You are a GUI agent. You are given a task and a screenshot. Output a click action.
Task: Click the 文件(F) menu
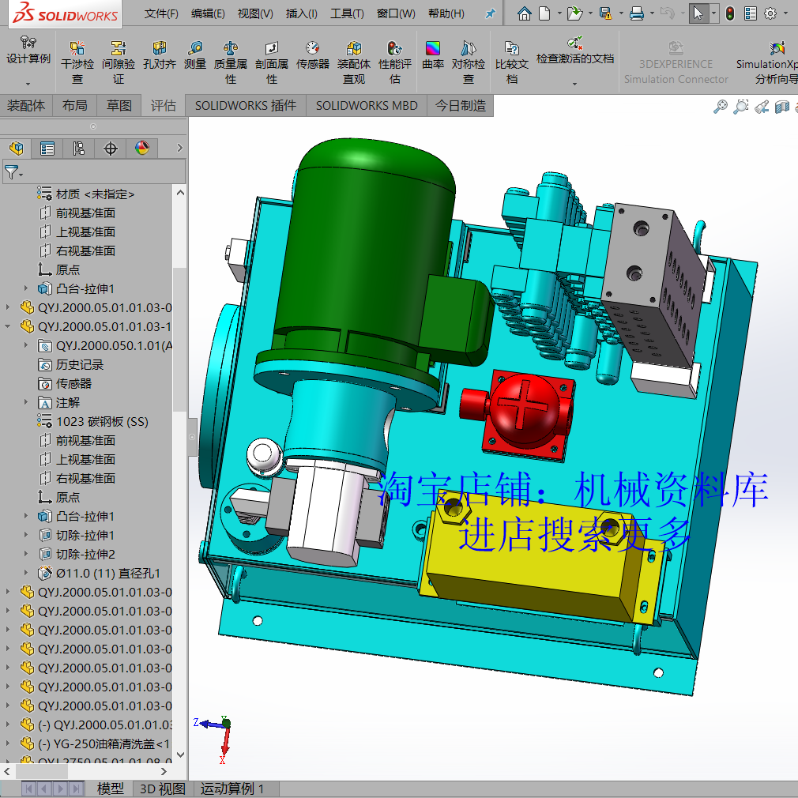coord(161,13)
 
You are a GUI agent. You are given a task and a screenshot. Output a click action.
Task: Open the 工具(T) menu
coord(347,13)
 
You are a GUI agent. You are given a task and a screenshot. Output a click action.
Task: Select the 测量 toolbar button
coord(195,57)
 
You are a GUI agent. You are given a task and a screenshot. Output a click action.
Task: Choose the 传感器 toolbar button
coord(313,57)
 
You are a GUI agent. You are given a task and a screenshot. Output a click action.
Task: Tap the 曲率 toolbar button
coord(433,57)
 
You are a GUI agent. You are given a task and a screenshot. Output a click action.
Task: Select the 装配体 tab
coord(26,105)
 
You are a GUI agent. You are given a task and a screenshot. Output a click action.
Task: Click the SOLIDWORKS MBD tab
coord(367,105)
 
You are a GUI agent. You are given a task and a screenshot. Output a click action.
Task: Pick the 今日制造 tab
coord(461,105)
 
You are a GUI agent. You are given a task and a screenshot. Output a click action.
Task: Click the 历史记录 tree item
coord(80,364)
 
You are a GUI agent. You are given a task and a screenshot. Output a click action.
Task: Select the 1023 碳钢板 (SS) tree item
coord(102,421)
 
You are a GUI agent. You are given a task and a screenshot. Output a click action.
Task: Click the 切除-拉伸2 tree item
coord(85,554)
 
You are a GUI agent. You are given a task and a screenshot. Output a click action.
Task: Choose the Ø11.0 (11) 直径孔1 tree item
coord(108,573)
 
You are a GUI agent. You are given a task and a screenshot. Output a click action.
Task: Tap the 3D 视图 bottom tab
coord(162,789)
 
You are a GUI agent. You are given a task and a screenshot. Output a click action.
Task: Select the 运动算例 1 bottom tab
coord(232,789)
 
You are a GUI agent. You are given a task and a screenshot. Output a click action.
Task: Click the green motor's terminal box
coord(459,311)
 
